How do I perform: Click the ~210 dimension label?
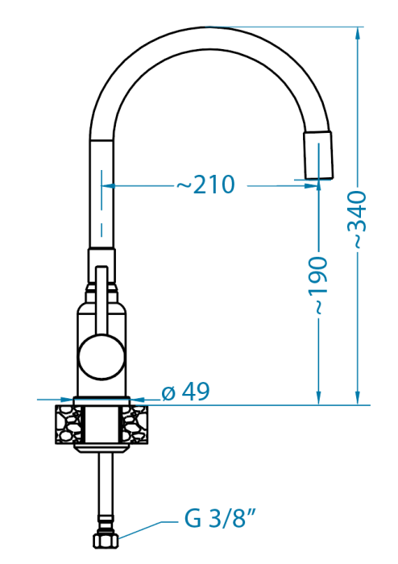click(205, 185)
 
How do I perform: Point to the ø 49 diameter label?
click(185, 392)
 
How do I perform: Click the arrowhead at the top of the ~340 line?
click(358, 32)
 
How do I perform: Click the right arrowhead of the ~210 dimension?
click(311, 185)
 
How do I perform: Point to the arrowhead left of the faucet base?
click(66, 399)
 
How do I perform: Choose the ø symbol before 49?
click(168, 393)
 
